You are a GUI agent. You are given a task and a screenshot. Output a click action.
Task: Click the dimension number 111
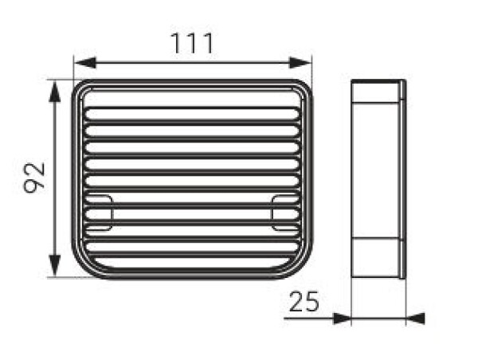[x=192, y=43]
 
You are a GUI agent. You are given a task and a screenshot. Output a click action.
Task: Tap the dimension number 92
[x=34, y=178]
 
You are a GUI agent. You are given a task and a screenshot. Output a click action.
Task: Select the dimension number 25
[x=304, y=302]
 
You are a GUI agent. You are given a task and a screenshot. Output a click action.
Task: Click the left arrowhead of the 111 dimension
[x=85, y=63]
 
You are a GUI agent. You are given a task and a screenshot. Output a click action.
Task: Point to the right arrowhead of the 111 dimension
[x=300, y=63]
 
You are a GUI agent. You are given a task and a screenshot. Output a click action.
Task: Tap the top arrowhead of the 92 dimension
[x=54, y=92]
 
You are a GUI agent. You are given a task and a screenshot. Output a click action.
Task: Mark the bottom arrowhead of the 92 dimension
[x=54, y=266]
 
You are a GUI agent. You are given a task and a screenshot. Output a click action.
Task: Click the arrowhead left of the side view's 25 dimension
[x=342, y=319]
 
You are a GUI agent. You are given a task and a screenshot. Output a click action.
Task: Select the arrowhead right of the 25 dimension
[x=416, y=319]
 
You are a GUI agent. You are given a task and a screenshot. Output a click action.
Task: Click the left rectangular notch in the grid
[x=100, y=212]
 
